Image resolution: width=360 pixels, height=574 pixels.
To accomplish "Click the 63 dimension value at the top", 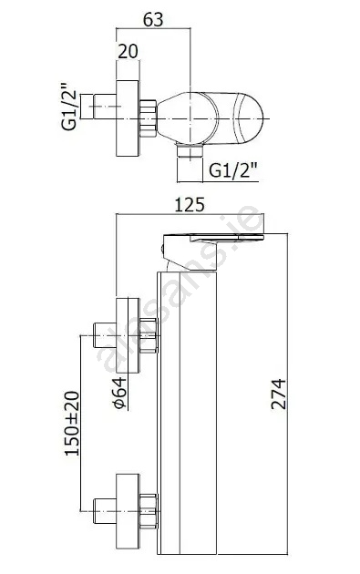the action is tap(153, 19).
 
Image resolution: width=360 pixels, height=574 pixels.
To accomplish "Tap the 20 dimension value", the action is tap(128, 51).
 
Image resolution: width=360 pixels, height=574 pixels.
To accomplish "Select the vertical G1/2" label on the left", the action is tap(69, 107).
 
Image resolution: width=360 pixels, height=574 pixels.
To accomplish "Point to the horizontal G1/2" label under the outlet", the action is tap(233, 170).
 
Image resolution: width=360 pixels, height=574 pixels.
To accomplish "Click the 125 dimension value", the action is tap(189, 205).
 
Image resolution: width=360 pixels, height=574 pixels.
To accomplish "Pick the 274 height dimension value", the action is tap(278, 394).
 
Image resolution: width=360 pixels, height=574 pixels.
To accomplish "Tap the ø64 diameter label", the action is tap(119, 393).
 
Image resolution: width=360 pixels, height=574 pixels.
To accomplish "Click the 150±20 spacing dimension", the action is tap(72, 424).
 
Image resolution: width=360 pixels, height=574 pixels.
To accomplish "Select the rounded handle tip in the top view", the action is tap(249, 118).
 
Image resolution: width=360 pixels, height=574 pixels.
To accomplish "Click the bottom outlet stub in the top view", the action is tap(190, 150).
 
